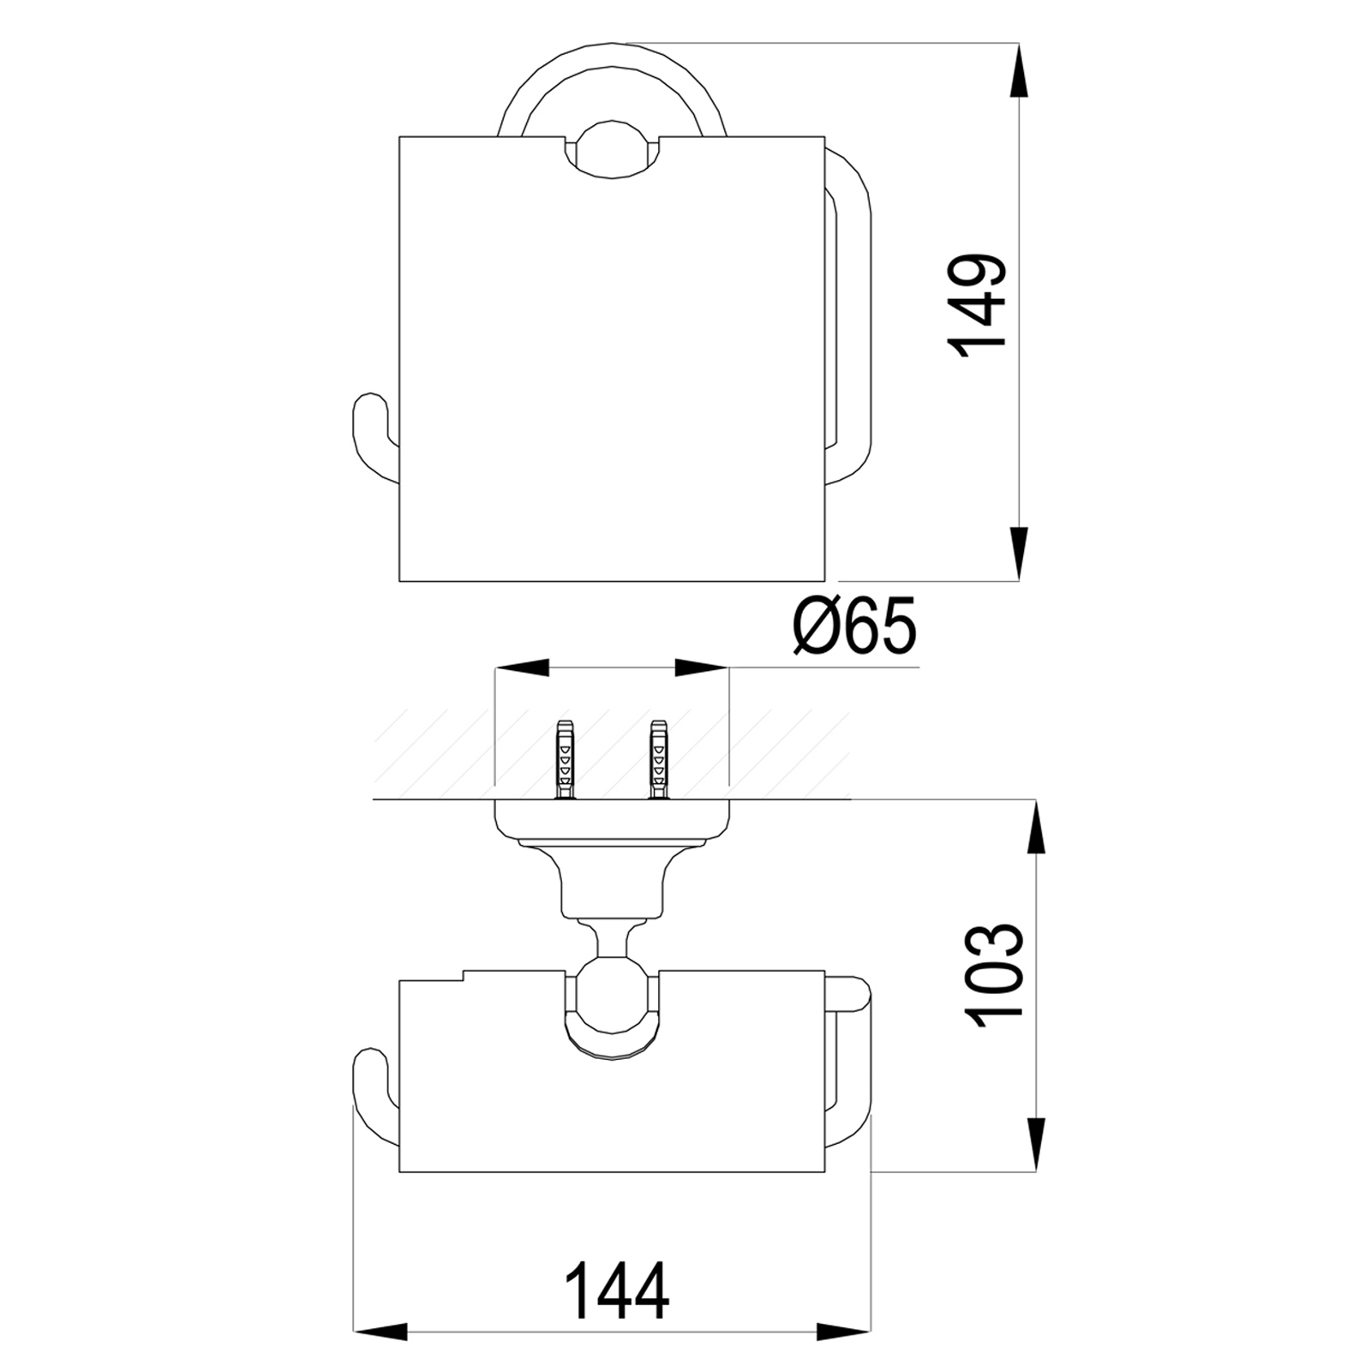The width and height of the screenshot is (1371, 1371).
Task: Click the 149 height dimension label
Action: (976, 300)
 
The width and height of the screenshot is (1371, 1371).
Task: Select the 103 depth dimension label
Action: (996, 971)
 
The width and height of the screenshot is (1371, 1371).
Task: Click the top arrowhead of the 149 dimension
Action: (1018, 69)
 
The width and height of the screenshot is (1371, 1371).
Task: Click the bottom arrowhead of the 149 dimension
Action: (1018, 554)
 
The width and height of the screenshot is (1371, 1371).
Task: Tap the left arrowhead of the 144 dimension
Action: (380, 1356)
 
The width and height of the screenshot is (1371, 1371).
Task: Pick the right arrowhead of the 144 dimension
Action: (844, 1356)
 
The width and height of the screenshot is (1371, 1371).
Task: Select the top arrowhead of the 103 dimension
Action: (1037, 826)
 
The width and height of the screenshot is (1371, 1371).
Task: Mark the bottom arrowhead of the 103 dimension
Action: (1037, 1144)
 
